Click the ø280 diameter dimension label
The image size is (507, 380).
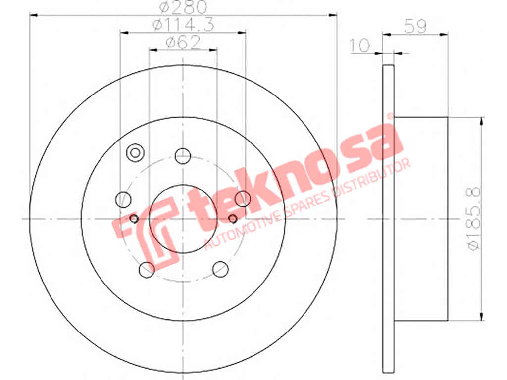183,7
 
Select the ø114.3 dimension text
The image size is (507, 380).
183,25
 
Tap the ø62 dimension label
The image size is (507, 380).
183,43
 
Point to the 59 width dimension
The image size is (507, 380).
415,26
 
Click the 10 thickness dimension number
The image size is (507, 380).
359,45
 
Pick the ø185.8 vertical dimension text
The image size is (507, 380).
474,219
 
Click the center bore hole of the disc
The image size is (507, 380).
183,219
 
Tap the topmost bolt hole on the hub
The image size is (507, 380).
183,156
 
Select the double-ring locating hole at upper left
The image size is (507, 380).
135,153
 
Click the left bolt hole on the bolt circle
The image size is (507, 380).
123,199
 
